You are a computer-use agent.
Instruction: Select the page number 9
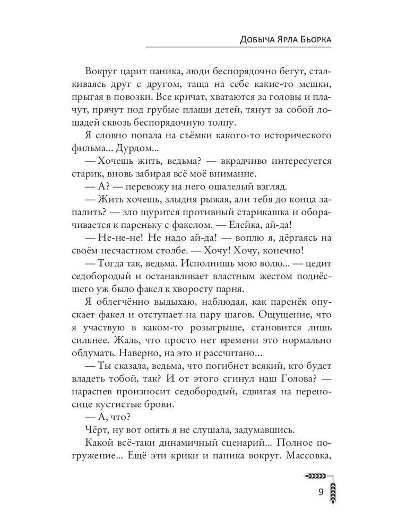tap(321, 491)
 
